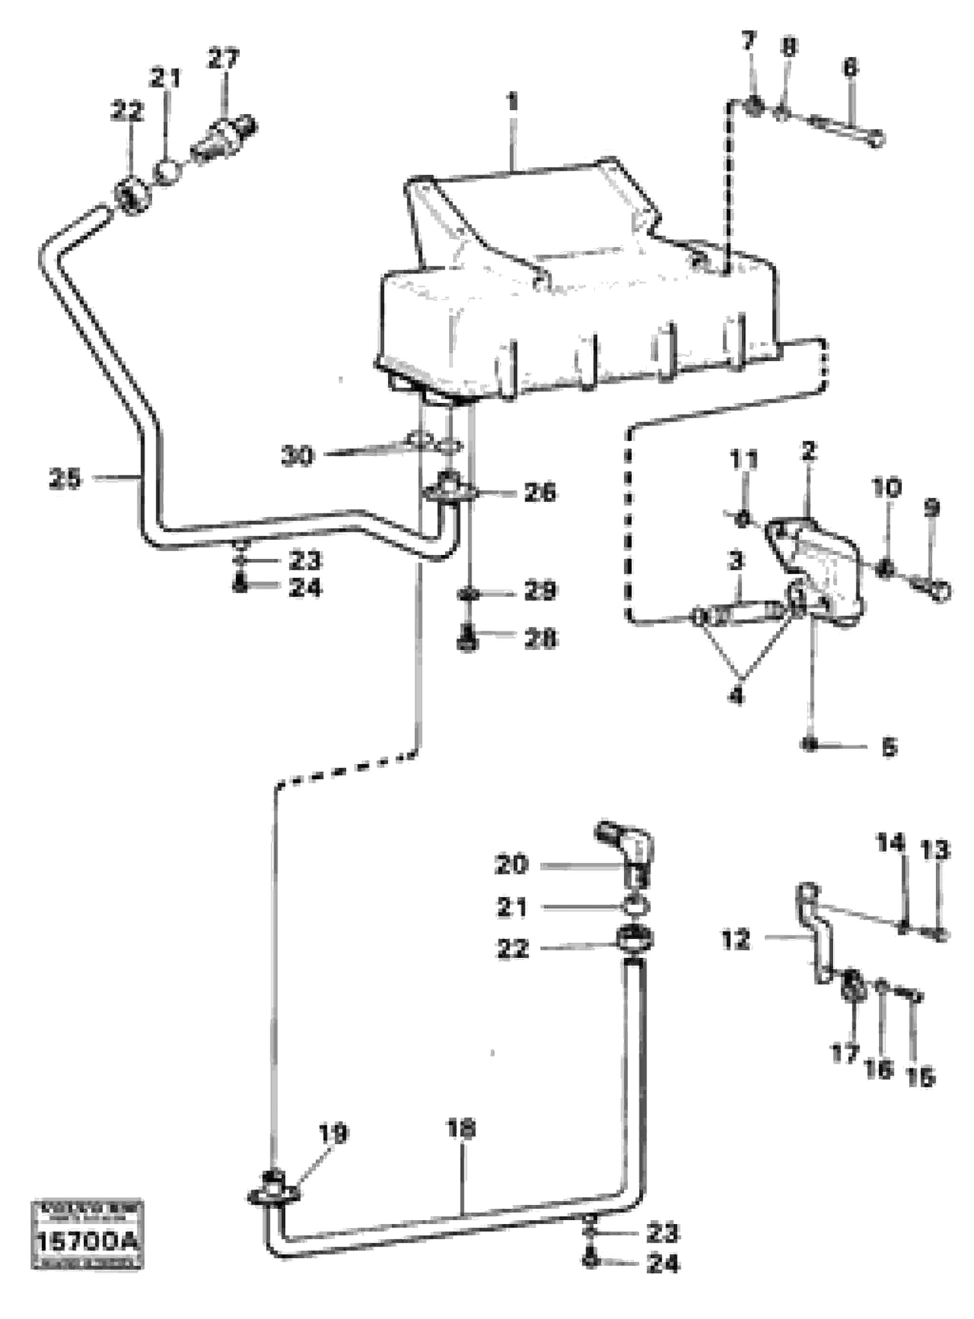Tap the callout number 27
tap(224, 59)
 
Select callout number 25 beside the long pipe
tap(65, 479)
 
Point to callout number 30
tap(298, 456)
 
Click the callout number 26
tap(540, 492)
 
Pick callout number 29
tap(540, 591)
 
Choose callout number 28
tap(540, 639)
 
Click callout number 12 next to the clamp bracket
tap(735, 939)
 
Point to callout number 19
tap(333, 1133)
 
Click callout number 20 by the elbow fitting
tap(512, 865)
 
